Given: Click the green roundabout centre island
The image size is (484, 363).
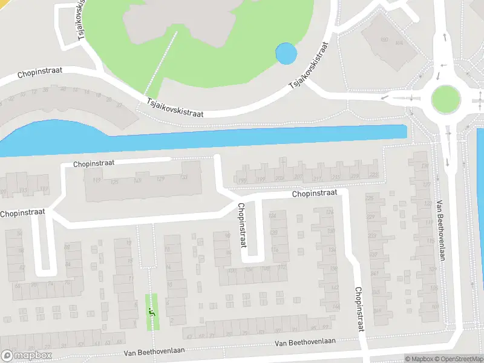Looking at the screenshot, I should click(446, 99).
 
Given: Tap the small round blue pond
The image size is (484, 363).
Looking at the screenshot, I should click(286, 54).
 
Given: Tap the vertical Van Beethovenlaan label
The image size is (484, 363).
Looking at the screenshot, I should click(440, 230).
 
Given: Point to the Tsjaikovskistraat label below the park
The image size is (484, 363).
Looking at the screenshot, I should click(175, 107).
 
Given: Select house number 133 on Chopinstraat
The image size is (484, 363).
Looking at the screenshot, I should click(183, 178).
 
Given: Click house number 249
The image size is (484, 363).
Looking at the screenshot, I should click(378, 311).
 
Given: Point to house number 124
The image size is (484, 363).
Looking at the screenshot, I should click(273, 216).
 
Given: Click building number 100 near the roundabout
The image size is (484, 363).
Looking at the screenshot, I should click(384, 40).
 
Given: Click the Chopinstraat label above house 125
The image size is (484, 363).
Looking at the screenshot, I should click(93, 164).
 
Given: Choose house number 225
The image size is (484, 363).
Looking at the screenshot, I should click(370, 198).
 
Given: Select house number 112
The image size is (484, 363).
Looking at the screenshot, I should click(281, 267).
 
